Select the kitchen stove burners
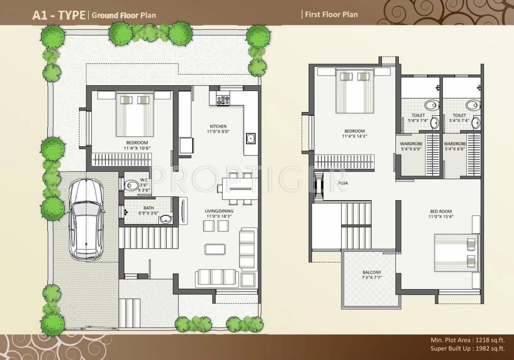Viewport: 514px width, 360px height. pyautogui.click(x=222, y=99)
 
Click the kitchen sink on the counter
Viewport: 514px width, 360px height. pyautogui.click(x=250, y=139)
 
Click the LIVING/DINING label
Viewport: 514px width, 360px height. pyautogui.click(x=219, y=211)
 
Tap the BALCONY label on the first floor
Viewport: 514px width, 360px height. pyautogui.click(x=372, y=272)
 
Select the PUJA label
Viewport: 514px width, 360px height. pyautogui.click(x=343, y=183)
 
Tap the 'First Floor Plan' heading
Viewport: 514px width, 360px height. pyautogui.click(x=331, y=15)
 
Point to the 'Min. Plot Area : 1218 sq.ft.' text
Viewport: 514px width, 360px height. pyautogui.click(x=467, y=340)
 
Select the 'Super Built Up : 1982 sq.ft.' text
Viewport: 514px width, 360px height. pyautogui.click(x=467, y=348)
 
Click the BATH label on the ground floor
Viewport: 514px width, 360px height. pyautogui.click(x=135, y=208)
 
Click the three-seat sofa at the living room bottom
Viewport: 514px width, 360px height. pyautogui.click(x=217, y=277)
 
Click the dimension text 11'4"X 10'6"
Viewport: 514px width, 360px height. pyautogui.click(x=137, y=149)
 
